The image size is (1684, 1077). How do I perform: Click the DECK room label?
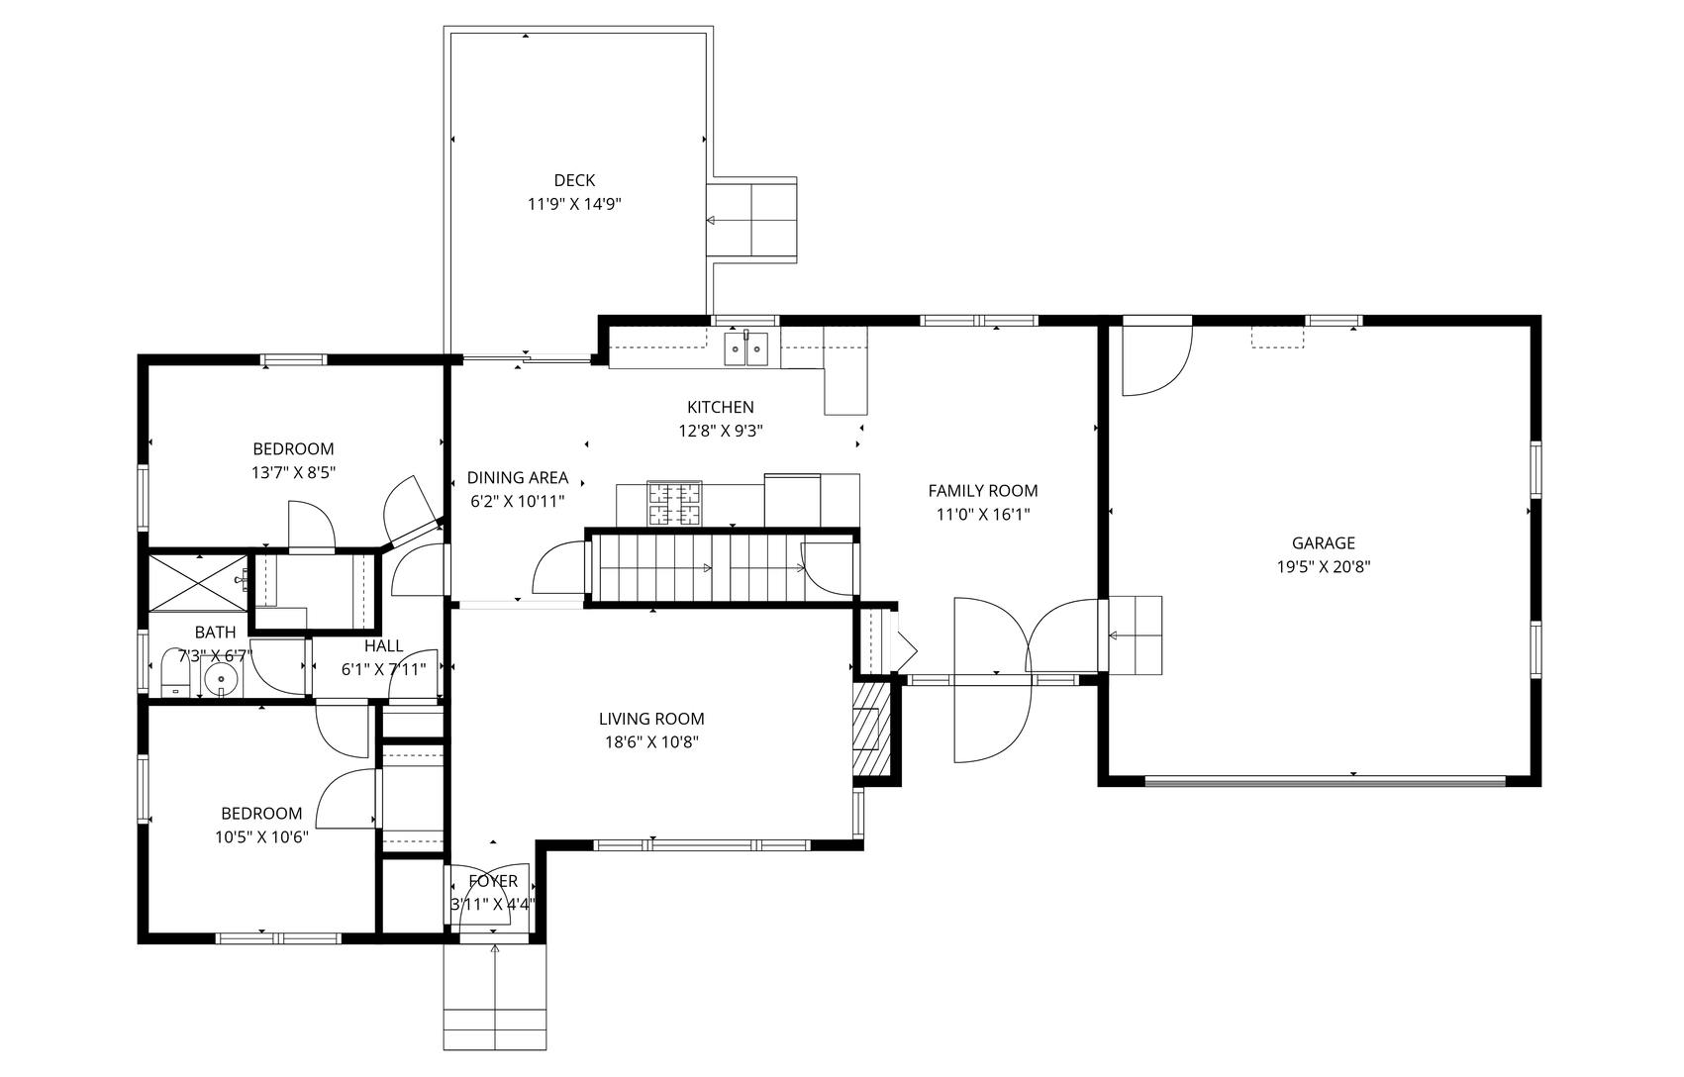[574, 180]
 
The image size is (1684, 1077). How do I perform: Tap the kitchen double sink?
[746, 349]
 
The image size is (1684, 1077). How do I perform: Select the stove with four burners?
[674, 504]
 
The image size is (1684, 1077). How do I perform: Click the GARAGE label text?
[1323, 542]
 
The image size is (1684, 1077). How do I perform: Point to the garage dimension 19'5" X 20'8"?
[1323, 566]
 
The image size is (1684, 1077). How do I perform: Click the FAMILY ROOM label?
[983, 491]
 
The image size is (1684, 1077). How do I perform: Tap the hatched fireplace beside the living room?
[871, 729]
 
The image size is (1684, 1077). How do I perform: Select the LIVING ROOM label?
[651, 719]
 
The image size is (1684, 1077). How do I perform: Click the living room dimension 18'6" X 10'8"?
[651, 742]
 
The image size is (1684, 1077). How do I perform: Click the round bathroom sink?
[221, 679]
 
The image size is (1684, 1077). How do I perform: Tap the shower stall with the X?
[198, 582]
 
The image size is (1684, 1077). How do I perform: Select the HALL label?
[383, 645]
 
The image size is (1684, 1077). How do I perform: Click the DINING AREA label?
[517, 477]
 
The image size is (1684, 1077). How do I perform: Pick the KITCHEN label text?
[720, 408]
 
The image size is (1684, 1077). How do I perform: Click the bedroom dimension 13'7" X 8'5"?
[293, 473]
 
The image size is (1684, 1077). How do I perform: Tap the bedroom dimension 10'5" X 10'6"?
[261, 837]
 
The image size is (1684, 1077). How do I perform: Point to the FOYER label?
[493, 881]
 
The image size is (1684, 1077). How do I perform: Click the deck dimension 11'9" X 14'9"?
[574, 205]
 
